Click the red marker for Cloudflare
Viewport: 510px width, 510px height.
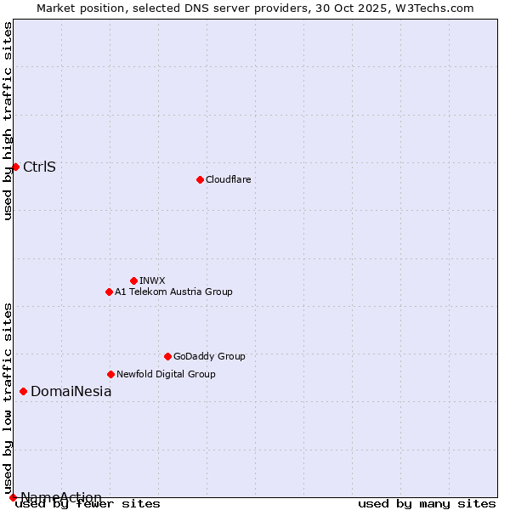[x=200, y=179]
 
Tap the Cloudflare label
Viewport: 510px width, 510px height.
[x=229, y=179]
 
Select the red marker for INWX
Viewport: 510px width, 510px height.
[x=133, y=280]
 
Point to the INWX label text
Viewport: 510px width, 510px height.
[x=152, y=280]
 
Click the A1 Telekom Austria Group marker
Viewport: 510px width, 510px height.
[x=109, y=292]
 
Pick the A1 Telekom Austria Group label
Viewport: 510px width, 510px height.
[x=173, y=292]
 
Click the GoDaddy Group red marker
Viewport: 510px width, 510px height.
[x=167, y=356]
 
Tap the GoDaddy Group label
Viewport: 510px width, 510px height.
[x=209, y=356]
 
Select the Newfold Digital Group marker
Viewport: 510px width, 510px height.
[x=110, y=374]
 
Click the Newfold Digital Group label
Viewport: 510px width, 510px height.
[x=166, y=374]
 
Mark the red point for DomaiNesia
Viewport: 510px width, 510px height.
[x=23, y=392]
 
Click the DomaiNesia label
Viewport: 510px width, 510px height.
[x=71, y=392]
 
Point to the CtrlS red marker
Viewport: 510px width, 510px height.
[x=15, y=167]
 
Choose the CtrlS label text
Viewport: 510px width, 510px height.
[x=39, y=167]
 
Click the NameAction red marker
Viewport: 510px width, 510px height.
[x=13, y=497]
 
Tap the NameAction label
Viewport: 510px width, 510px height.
[x=61, y=497]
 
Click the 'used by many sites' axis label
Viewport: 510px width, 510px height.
[x=427, y=504]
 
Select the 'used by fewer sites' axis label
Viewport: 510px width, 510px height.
[x=88, y=504]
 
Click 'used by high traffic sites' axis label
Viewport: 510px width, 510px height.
[x=8, y=121]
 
